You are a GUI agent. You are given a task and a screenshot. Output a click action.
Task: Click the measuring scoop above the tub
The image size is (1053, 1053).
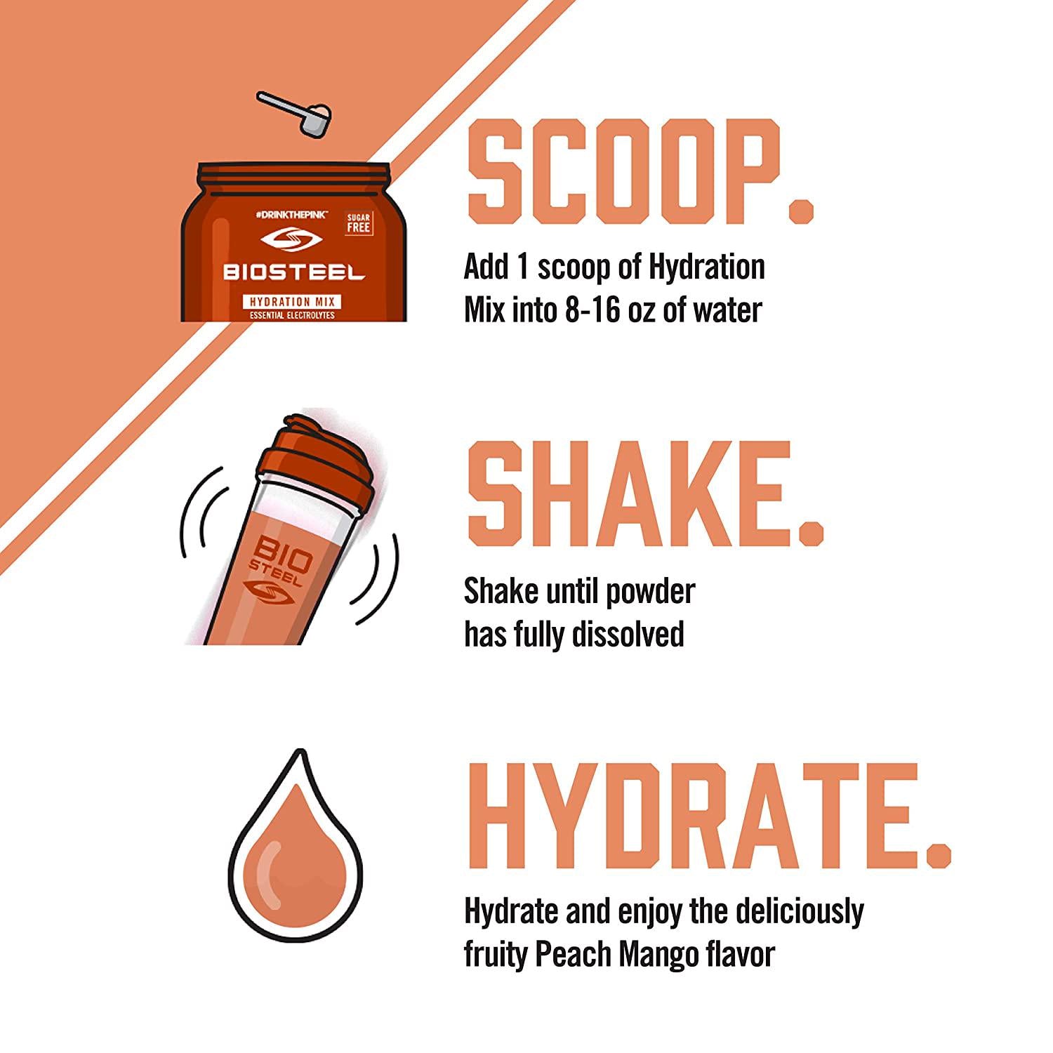[x=293, y=111]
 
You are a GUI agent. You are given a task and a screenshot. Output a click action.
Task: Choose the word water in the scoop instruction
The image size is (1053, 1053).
[x=726, y=310]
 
